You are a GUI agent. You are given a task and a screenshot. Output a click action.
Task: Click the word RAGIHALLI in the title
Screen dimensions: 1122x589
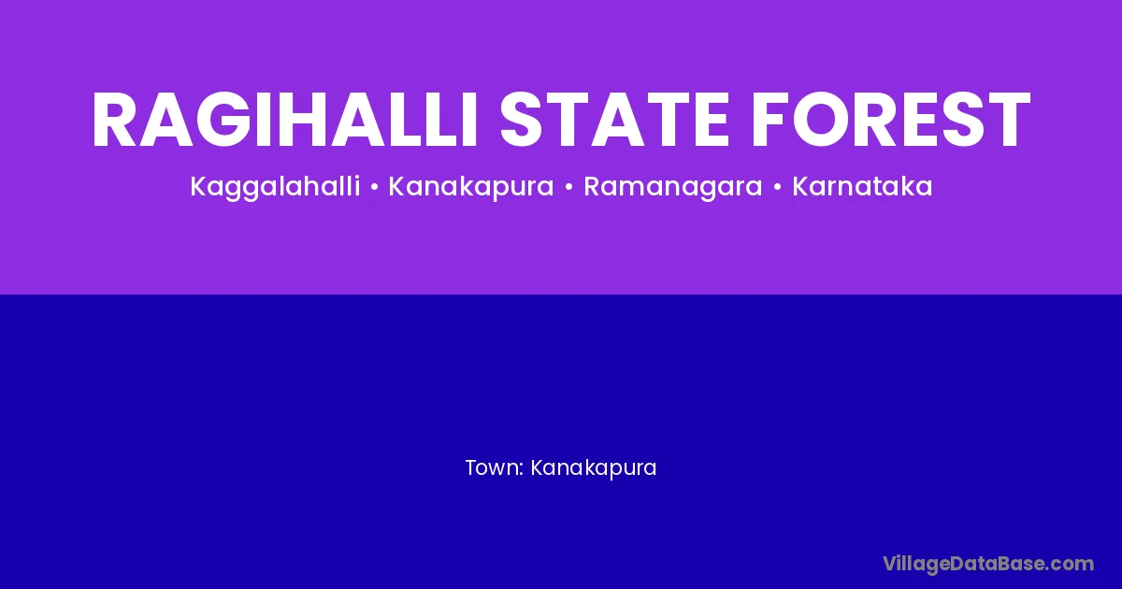point(284,120)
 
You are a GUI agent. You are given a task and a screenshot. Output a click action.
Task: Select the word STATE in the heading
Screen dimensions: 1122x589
point(614,120)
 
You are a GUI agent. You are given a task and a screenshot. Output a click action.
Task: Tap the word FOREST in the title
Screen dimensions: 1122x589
point(890,120)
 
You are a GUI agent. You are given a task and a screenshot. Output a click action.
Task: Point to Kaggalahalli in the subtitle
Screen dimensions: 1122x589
point(275,187)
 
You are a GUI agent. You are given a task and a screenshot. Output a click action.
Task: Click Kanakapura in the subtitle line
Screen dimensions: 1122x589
point(471,187)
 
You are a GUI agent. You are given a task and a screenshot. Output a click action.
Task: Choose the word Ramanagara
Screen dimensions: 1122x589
point(672,188)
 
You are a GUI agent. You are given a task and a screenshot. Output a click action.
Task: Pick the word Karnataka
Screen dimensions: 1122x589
point(862,186)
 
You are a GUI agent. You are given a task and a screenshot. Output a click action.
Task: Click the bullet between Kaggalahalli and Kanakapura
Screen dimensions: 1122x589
point(374,187)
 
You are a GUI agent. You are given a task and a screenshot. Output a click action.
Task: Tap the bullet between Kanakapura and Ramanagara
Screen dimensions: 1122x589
point(568,187)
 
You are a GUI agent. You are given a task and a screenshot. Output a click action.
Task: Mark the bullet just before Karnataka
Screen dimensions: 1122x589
point(777,187)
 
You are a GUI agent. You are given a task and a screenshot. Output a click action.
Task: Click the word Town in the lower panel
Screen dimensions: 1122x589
point(492,467)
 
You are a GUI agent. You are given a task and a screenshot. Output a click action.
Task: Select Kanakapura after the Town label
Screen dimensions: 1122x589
point(593,468)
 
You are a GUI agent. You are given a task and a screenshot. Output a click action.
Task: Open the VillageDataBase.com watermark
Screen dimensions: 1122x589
point(988,565)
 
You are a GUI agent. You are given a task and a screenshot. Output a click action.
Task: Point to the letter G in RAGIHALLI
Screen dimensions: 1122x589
point(224,120)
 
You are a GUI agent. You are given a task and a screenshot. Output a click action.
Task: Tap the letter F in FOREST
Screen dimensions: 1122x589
point(772,120)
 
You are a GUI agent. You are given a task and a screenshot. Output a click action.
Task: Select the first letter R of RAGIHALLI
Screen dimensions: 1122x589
point(115,120)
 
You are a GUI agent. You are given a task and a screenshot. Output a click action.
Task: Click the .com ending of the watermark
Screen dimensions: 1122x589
point(1072,565)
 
